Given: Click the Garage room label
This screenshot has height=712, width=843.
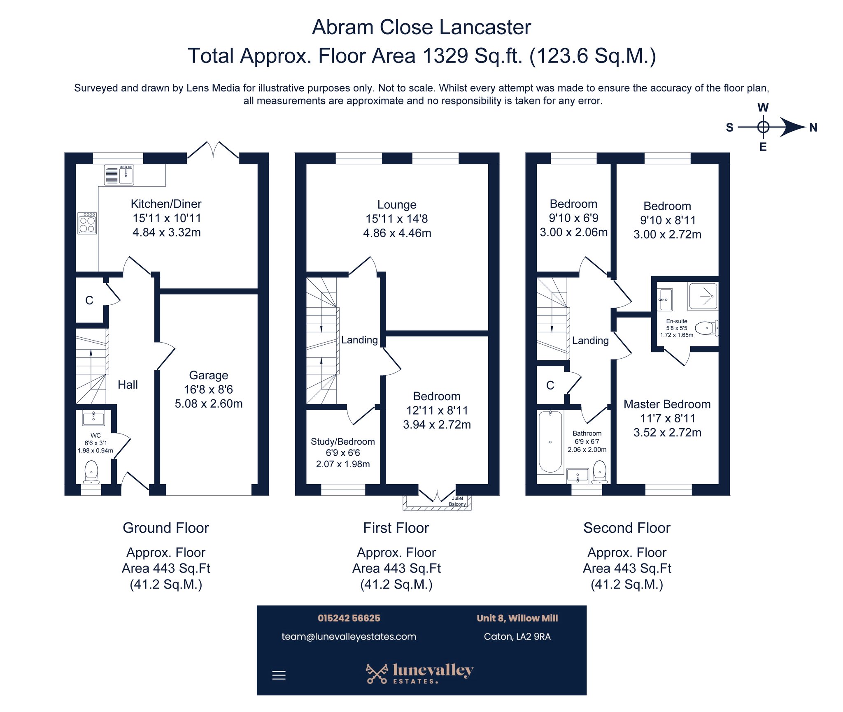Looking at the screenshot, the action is [208, 375].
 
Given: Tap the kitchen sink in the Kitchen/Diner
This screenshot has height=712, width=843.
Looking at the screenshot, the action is [119, 174].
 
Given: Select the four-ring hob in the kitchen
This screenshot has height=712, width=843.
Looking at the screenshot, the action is [87, 223].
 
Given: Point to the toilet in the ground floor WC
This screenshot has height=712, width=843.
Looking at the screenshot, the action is [91, 472].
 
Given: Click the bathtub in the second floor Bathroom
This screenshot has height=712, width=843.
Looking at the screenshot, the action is [550, 442].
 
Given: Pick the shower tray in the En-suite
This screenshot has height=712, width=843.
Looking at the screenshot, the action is [703, 296].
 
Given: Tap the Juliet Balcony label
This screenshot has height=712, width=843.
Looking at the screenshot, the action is [457, 501].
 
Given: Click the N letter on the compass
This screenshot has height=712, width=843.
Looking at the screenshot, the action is [813, 128].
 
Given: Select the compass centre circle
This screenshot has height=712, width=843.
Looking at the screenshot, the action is [763, 127].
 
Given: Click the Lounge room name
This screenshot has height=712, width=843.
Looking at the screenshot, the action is [397, 204].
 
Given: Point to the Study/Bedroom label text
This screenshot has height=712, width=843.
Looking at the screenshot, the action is [343, 442].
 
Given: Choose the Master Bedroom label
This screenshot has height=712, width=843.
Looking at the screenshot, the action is [667, 404].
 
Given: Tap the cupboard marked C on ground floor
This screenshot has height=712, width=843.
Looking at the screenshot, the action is [89, 300].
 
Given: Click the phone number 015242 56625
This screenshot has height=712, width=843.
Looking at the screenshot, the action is [349, 618].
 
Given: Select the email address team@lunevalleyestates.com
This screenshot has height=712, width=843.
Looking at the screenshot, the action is [349, 636].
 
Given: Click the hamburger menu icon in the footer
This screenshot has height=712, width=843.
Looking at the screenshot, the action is [279, 675].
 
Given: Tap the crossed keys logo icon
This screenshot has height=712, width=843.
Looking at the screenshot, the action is [377, 673].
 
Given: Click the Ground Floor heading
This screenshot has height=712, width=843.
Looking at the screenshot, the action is [166, 528].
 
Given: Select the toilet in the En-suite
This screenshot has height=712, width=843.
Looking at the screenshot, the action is [707, 328].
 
